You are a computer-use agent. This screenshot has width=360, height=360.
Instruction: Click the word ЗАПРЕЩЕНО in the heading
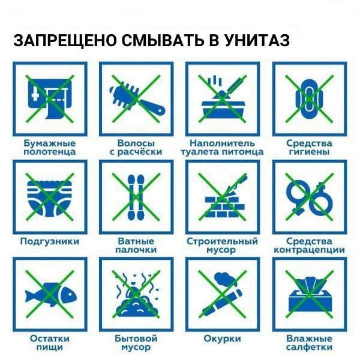(x=65, y=41)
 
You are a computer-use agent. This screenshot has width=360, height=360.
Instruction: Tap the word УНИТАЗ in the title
(x=257, y=41)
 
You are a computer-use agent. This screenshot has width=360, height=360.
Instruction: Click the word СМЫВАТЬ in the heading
(x=163, y=41)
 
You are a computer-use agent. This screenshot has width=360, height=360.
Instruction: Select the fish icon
(x=51, y=295)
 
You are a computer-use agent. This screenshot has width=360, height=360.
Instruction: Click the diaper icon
(x=50, y=198)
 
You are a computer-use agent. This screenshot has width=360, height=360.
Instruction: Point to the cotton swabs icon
(x=136, y=197)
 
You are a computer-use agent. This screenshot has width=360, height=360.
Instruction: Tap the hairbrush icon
(x=137, y=99)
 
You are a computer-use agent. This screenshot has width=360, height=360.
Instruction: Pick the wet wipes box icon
(x=310, y=295)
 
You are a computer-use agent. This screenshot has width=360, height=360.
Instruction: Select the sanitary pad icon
(x=310, y=99)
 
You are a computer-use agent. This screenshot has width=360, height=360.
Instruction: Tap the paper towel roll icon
(x=50, y=99)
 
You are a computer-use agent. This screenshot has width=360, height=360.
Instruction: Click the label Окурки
(x=222, y=338)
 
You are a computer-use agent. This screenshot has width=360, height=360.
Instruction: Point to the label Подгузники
(x=50, y=242)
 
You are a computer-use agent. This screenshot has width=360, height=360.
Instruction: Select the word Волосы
(x=136, y=143)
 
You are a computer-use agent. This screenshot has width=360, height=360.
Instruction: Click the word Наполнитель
(x=222, y=143)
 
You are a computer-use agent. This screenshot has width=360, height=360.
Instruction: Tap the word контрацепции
(x=310, y=250)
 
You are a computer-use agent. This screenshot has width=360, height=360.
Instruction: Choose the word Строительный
(x=222, y=242)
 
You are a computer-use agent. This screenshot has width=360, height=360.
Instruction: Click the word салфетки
(x=310, y=347)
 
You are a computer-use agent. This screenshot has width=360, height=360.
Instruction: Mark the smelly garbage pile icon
(x=136, y=296)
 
